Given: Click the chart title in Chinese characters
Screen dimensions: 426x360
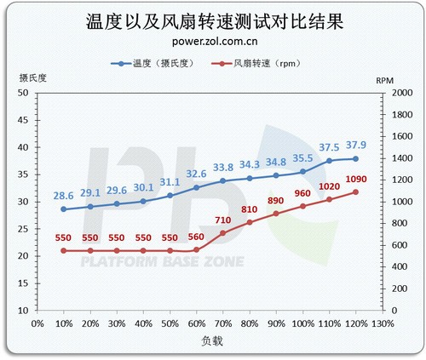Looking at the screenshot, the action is [215, 21].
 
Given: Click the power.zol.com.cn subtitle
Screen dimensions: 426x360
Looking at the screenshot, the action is [215, 42].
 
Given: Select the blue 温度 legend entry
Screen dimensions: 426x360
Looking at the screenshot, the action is [153, 63].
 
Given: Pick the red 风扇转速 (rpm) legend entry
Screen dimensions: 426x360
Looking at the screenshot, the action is [256, 63].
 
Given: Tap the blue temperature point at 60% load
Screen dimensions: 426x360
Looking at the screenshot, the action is [196, 187].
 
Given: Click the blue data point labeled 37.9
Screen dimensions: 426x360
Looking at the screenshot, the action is [355, 159].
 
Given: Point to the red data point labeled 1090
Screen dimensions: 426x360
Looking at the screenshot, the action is [355, 192].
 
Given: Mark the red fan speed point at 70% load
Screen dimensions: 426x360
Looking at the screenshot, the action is [223, 233].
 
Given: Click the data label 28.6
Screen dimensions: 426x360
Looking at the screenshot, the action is [63, 196].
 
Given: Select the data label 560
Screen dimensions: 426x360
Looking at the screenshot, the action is [196, 237].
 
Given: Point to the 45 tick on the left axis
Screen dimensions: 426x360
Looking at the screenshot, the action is [23, 120].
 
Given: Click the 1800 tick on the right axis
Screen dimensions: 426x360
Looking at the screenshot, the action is [402, 115].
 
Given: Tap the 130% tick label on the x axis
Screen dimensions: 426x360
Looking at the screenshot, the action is [383, 323].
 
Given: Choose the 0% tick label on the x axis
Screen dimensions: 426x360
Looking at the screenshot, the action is [37, 323].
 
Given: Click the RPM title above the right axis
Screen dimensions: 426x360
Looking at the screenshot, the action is [385, 81].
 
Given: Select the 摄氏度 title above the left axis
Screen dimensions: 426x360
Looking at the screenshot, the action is [32, 77].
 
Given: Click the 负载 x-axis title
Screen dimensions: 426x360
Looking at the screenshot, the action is [212, 340].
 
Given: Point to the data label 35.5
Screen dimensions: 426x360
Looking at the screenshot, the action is [302, 158].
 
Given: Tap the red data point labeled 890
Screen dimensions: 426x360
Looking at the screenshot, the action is [276, 214].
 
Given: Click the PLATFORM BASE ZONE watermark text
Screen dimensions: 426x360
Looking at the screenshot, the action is [163, 261].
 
